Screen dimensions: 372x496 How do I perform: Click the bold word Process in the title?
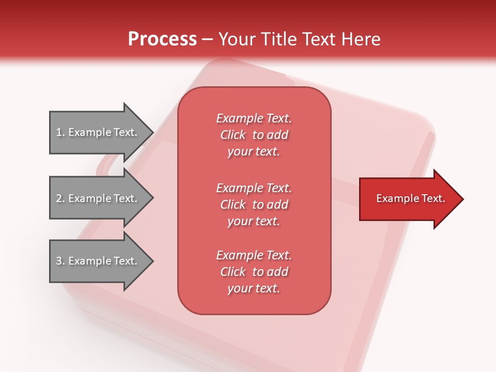pyautogui.click(x=162, y=39)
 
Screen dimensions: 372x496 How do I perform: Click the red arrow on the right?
pyautogui.click(x=408, y=198)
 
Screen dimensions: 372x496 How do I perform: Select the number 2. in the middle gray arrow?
pyautogui.click(x=60, y=198)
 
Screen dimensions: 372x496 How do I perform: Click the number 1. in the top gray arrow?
pyautogui.click(x=60, y=132)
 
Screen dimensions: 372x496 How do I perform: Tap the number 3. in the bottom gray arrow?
pyautogui.click(x=60, y=261)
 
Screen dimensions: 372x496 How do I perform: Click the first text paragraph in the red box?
pyautogui.click(x=254, y=135)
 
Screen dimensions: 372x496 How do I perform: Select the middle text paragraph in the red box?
pyautogui.click(x=254, y=205)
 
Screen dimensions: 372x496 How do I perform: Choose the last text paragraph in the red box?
pyautogui.click(x=254, y=272)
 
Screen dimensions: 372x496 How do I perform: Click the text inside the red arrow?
pyautogui.click(x=410, y=198)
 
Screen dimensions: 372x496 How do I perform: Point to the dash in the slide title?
pyautogui.click(x=208, y=40)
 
